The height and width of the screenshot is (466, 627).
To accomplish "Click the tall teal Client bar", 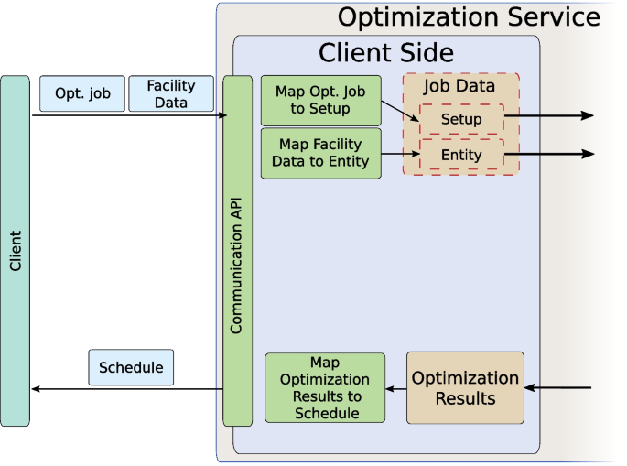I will (x=15, y=250).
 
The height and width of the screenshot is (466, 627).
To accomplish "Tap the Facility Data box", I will (x=171, y=93).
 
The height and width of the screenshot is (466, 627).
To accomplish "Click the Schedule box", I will (x=131, y=367).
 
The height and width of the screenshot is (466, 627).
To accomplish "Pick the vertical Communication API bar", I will (x=237, y=250).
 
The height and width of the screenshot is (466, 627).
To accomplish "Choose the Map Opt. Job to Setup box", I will (x=320, y=101).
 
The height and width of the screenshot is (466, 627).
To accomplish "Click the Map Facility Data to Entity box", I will (x=320, y=153).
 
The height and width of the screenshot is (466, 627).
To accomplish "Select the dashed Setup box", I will (x=461, y=119).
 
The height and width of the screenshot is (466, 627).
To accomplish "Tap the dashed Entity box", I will (x=461, y=155).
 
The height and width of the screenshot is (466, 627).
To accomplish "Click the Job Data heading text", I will (x=459, y=87).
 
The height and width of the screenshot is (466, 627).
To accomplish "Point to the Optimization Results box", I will (x=465, y=388).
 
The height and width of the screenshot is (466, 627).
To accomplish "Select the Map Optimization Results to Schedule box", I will (x=325, y=388).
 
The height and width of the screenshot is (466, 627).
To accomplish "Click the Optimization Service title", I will (x=469, y=16).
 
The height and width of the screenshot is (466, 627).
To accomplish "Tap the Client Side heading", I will (x=385, y=52).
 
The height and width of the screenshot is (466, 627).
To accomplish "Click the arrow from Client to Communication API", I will (x=128, y=115).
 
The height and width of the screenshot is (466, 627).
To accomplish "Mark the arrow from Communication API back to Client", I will (x=128, y=389).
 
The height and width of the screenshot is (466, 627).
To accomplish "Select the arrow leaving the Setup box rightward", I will (x=549, y=116).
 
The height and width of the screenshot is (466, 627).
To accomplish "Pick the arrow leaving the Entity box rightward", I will (x=549, y=155).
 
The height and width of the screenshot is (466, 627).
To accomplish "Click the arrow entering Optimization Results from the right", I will (x=558, y=388).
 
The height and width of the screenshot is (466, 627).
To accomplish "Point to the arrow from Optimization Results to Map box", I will (x=396, y=388).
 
